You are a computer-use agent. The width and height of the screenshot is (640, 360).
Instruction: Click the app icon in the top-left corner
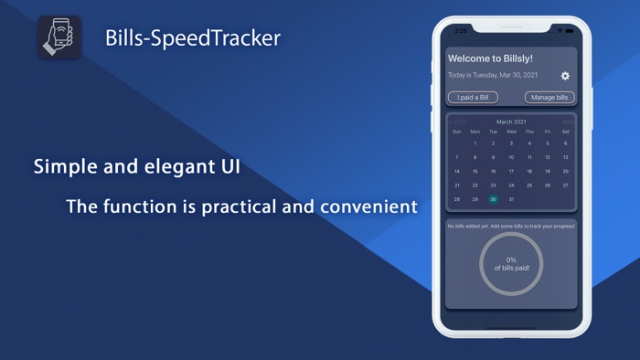[60, 38]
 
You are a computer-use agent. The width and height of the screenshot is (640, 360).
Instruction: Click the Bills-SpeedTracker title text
[193, 38]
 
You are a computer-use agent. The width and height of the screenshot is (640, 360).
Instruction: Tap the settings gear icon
[565, 76]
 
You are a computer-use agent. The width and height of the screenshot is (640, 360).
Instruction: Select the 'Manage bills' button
[549, 98]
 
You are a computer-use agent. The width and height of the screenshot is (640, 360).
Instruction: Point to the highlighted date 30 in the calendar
[493, 199]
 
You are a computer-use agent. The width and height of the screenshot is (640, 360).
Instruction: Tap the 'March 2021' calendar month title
[511, 122]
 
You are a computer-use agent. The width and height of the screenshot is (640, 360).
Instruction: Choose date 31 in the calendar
[511, 199]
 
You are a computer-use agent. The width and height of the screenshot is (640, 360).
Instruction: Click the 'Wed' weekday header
[511, 132]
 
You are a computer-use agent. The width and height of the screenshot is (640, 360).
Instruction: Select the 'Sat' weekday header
[566, 132]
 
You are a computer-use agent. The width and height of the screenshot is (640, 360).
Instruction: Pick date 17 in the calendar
[511, 171]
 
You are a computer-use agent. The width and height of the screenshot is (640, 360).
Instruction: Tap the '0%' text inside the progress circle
[511, 259]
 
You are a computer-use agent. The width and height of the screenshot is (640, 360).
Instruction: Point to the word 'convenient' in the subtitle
[368, 206]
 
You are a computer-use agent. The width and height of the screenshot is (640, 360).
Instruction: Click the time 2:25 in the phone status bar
[461, 31]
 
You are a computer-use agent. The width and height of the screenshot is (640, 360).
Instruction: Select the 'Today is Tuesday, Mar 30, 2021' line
[492, 76]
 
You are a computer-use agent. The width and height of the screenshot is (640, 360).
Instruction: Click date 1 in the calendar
[475, 143]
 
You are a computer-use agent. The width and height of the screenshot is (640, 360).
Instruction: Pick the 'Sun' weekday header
[457, 132]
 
